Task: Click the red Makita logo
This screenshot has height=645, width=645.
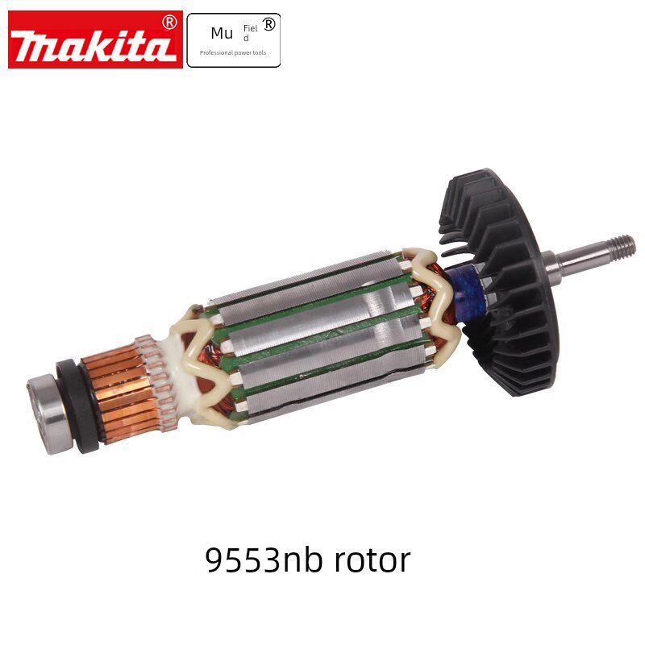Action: (95, 40)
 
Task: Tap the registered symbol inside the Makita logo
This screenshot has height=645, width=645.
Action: (169, 23)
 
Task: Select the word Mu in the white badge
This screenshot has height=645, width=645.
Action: (222, 34)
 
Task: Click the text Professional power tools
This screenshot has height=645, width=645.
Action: (233, 52)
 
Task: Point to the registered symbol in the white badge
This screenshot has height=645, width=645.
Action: (268, 25)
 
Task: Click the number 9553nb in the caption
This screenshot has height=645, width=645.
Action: (263, 560)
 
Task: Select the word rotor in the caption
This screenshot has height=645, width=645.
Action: (372, 560)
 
